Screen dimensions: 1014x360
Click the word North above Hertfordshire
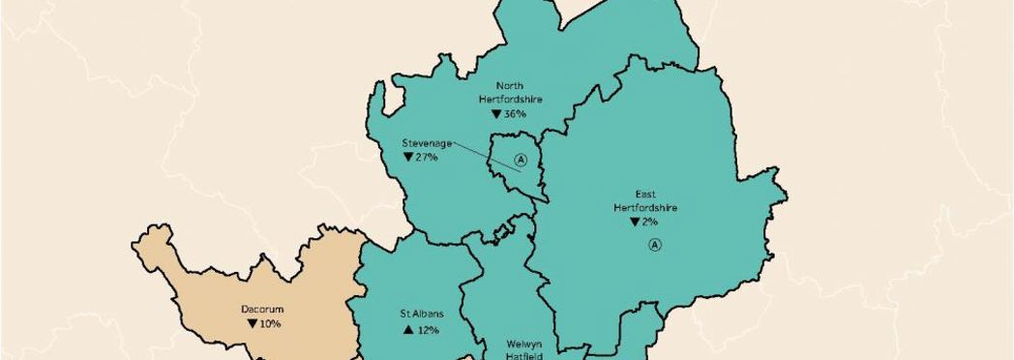coord(510,85)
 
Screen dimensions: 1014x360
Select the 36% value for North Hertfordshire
coord(515,113)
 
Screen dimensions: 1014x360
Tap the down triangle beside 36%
coord(496,113)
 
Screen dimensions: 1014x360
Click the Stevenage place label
coord(427,143)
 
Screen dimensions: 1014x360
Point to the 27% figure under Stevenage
coord(427,157)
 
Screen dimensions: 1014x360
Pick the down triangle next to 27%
coord(408,157)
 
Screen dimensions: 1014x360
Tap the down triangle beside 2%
coord(635,222)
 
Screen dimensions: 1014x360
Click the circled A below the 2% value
coord(655,245)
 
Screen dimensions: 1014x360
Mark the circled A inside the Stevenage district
coord(521,160)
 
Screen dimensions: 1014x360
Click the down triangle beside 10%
coord(250,323)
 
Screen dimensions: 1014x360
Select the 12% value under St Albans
coord(427,330)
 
